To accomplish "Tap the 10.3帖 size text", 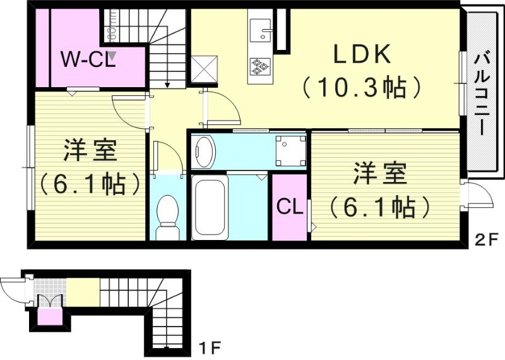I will tap(362, 88).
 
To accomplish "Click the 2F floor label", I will tap(486, 239).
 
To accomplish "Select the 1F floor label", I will tap(208, 347).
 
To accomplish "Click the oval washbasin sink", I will tap(205, 151).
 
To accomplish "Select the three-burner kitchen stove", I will tap(259, 65).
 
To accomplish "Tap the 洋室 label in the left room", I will tap(88, 153).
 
